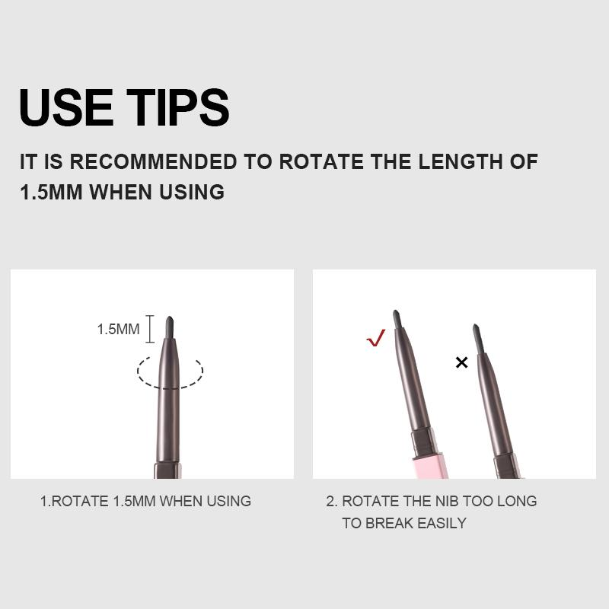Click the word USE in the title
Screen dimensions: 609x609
(x=66, y=107)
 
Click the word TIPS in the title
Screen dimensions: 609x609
(x=178, y=107)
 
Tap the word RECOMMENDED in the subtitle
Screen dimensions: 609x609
(x=154, y=161)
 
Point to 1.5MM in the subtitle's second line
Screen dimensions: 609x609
(x=51, y=192)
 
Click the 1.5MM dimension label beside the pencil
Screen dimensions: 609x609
(x=118, y=330)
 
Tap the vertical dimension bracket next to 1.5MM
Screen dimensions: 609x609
(x=150, y=329)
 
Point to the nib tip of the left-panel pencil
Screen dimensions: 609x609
(x=170, y=317)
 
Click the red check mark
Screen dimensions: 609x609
(x=375, y=337)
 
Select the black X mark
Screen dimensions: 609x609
(x=462, y=362)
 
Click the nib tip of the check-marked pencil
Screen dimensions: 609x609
(x=395, y=311)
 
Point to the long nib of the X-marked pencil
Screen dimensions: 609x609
(x=477, y=339)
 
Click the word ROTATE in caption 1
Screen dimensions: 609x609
(x=80, y=501)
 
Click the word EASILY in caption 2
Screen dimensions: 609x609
(x=442, y=523)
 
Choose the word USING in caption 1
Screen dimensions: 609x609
(x=228, y=501)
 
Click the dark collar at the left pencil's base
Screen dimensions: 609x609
(x=167, y=470)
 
